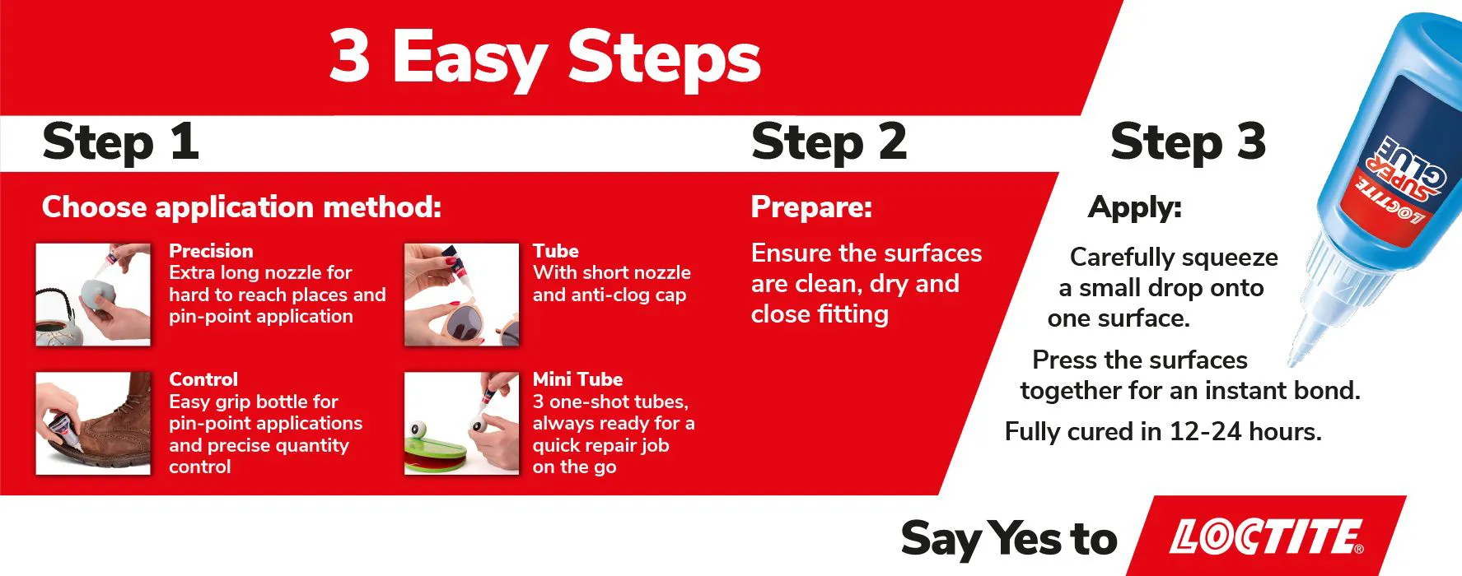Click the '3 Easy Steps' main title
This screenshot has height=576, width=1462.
point(544,56)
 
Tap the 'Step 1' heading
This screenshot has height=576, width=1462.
point(120,142)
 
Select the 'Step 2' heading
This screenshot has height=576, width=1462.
point(829,142)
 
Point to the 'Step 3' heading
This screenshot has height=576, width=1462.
point(1188,142)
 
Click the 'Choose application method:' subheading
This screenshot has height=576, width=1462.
point(241,207)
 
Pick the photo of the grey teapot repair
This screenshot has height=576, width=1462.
point(93,294)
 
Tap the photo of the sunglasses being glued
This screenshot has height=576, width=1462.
point(462,294)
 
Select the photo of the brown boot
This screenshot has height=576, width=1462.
point(93,423)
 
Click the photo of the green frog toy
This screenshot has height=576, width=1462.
point(462,423)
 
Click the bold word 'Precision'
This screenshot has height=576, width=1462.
point(211,251)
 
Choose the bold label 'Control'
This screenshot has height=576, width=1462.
point(203,379)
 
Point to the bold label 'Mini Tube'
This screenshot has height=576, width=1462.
point(577,379)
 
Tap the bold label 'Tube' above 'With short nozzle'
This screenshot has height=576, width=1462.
point(556,251)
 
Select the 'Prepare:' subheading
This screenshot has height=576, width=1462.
point(811,207)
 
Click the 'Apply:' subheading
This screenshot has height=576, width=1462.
point(1135,207)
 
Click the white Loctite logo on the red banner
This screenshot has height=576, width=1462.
point(1267,537)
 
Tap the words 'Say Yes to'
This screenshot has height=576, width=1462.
point(1009,539)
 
